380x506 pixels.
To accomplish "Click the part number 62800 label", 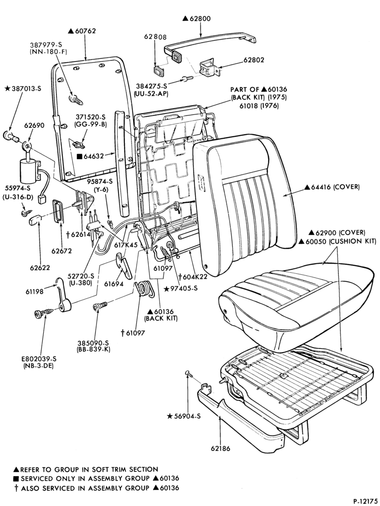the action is (x=200, y=18).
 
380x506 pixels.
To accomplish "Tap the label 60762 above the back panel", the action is (x=86, y=31).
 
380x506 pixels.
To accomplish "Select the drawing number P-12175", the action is (x=365, y=501).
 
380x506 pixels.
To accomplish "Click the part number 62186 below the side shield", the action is (x=220, y=449).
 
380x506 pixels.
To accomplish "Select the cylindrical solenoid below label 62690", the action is (x=29, y=171).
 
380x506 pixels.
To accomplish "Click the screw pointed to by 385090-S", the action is (x=100, y=306).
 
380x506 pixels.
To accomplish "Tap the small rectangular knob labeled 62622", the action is (x=34, y=221).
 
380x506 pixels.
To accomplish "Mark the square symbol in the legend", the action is (x=16, y=479).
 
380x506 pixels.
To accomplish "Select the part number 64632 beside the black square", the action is (x=93, y=156).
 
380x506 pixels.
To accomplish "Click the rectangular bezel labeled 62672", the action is (x=58, y=211).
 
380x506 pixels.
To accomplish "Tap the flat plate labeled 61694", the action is (x=124, y=265).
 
